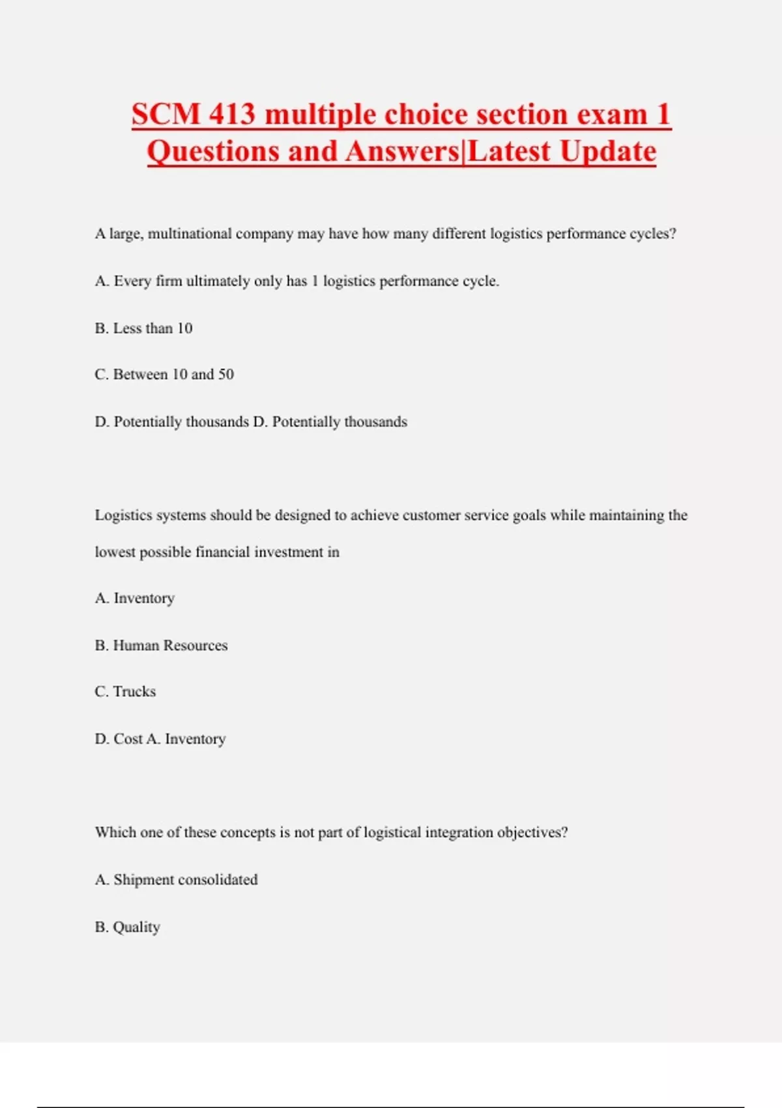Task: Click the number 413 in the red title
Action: click(x=232, y=115)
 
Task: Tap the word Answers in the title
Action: click(x=402, y=152)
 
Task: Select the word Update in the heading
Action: click(x=607, y=152)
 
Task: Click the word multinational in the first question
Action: click(x=190, y=234)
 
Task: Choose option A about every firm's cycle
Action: click(x=297, y=282)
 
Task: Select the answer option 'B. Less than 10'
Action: click(x=143, y=328)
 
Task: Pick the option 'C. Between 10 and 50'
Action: click(x=164, y=375)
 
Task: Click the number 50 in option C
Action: click(x=226, y=375)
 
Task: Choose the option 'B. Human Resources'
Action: click(x=161, y=645)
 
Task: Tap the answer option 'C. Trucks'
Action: click(x=125, y=692)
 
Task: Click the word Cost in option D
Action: click(x=128, y=739)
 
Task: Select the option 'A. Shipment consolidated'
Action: click(x=176, y=880)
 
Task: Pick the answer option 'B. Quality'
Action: click(x=127, y=927)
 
